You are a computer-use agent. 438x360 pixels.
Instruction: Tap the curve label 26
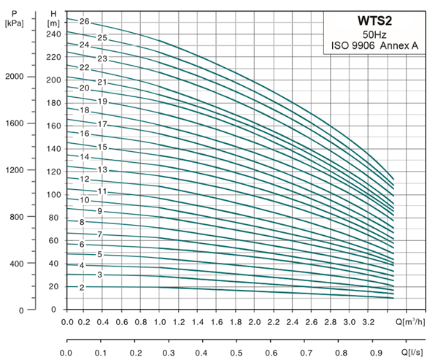tap(84, 22)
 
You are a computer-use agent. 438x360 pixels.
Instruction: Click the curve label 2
tap(82, 288)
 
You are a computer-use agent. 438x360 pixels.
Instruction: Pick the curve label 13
tap(103, 169)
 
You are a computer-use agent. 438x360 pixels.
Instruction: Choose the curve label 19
tap(103, 102)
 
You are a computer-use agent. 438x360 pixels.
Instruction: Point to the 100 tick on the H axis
tap(53, 194)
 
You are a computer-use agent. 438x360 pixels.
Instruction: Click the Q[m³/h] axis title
tap(411, 322)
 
